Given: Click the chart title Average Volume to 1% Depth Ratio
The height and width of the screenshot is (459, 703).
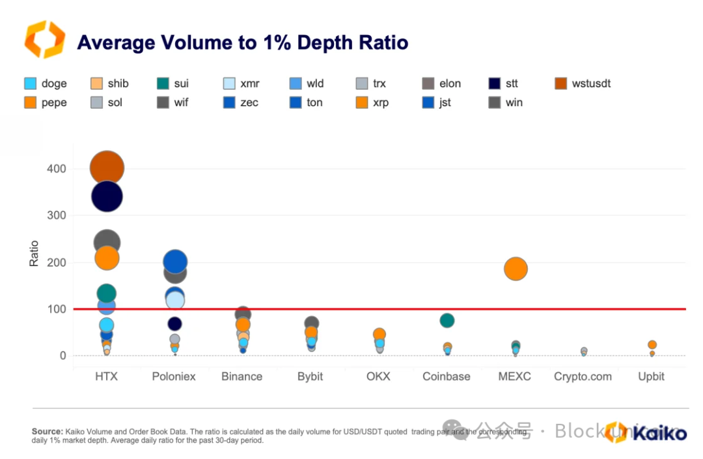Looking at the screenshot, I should click(x=242, y=43).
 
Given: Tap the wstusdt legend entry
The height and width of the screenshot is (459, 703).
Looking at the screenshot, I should click(x=582, y=83).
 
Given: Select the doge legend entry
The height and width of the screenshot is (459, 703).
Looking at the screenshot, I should click(x=46, y=83).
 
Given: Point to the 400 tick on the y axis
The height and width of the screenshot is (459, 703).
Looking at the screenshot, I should click(x=56, y=169).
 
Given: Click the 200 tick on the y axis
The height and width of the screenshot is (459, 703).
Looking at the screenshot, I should click(x=56, y=262).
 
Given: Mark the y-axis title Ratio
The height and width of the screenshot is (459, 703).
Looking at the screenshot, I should click(x=34, y=253).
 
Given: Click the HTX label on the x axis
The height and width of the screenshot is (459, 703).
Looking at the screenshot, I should click(x=106, y=377).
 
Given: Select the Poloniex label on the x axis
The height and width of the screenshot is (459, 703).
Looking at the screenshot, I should click(x=174, y=377).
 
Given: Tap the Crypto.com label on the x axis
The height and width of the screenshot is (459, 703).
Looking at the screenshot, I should click(x=583, y=377).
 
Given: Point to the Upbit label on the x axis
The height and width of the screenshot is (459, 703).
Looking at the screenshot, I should click(x=651, y=377).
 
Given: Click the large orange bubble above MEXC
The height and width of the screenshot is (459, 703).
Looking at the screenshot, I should click(x=516, y=269).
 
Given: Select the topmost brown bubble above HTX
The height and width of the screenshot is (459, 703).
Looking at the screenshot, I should click(x=107, y=168).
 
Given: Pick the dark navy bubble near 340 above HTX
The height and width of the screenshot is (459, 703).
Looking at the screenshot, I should click(x=107, y=196).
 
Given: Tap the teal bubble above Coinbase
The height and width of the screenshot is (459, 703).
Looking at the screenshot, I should click(x=447, y=320).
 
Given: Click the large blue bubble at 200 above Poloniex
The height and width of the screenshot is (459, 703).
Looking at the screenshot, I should click(x=174, y=261).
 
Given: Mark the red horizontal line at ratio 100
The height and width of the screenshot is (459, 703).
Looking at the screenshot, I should click(x=391, y=309).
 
